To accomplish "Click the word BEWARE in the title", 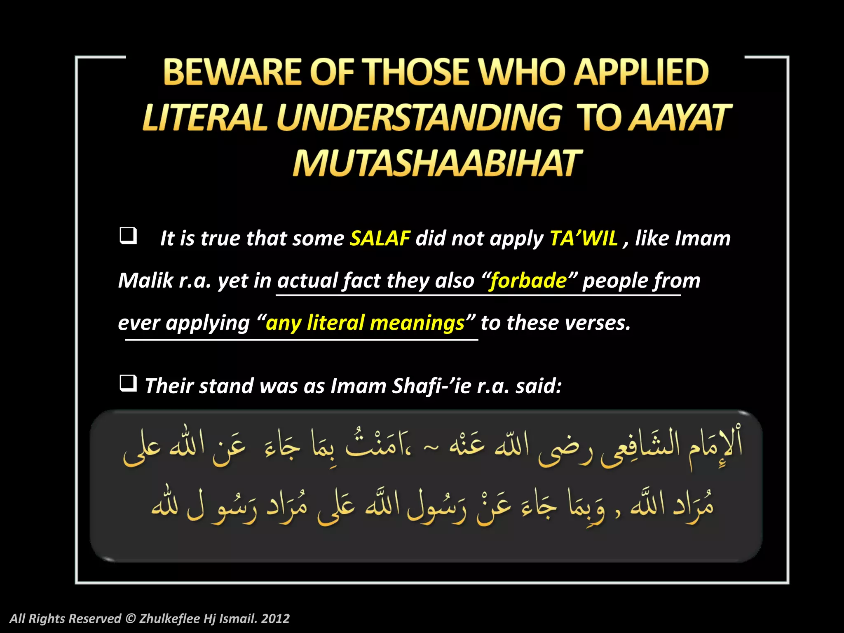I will pyautogui.click(x=232, y=72).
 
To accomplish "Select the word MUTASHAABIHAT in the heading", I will pyautogui.click(x=437, y=164).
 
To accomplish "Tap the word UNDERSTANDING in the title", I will pyautogui.click(x=419, y=118).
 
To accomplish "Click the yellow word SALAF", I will pyautogui.click(x=380, y=239).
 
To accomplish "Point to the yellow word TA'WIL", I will pyautogui.click(x=584, y=239).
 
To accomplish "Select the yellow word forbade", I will pyautogui.click(x=528, y=281).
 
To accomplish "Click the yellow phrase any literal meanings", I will pyautogui.click(x=365, y=323).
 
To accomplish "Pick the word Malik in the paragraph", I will pyautogui.click(x=145, y=281).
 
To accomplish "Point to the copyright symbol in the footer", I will pyautogui.click(x=130, y=619).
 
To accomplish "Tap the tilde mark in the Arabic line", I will pyautogui.click(x=431, y=446).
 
